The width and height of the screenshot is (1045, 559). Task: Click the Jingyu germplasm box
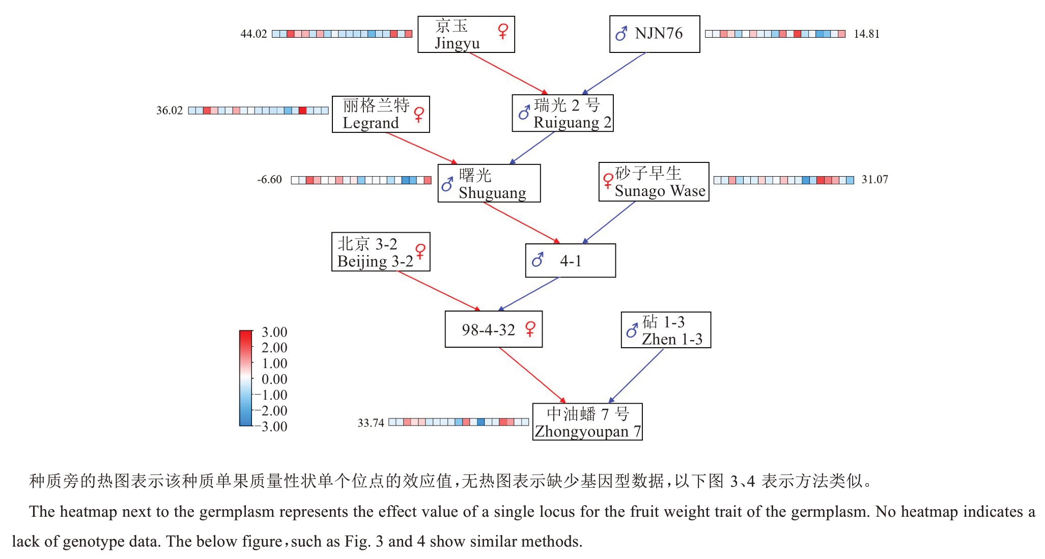[466, 34]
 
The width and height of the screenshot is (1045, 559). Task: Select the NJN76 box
[655, 34]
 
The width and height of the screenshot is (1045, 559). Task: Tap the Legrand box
[380, 114]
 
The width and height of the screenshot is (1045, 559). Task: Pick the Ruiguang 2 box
[562, 113]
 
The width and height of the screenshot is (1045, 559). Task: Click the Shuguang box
[489, 183]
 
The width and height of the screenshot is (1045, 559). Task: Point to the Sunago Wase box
[654, 182]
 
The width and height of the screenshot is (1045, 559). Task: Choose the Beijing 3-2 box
[380, 252]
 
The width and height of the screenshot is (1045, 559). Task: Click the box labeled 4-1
[570, 261]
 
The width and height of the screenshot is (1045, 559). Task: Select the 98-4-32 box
[493, 329]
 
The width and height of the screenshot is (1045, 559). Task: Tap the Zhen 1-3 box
[666, 330]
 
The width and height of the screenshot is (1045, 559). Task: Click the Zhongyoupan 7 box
[587, 422]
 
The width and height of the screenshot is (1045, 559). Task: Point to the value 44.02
[253, 34]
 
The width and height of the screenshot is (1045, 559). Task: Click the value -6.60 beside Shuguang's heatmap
[269, 180]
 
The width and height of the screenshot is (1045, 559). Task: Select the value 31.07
[874, 180]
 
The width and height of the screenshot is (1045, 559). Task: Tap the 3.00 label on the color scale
[274, 332]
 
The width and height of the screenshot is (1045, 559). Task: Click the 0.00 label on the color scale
[274, 379]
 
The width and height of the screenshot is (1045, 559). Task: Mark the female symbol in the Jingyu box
[503, 31]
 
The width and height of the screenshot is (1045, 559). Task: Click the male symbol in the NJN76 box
[621, 34]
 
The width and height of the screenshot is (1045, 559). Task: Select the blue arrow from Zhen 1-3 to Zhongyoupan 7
[636, 376]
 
